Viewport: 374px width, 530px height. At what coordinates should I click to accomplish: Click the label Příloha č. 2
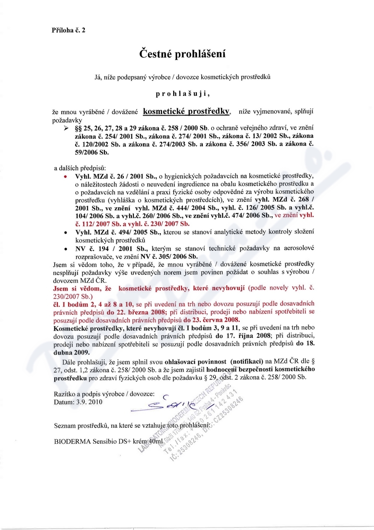(68, 30)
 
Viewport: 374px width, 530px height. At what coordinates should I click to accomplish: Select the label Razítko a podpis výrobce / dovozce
(103, 394)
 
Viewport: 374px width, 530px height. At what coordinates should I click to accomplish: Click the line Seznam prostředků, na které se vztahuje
(133, 426)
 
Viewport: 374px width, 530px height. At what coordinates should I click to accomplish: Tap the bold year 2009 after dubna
(85, 352)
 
